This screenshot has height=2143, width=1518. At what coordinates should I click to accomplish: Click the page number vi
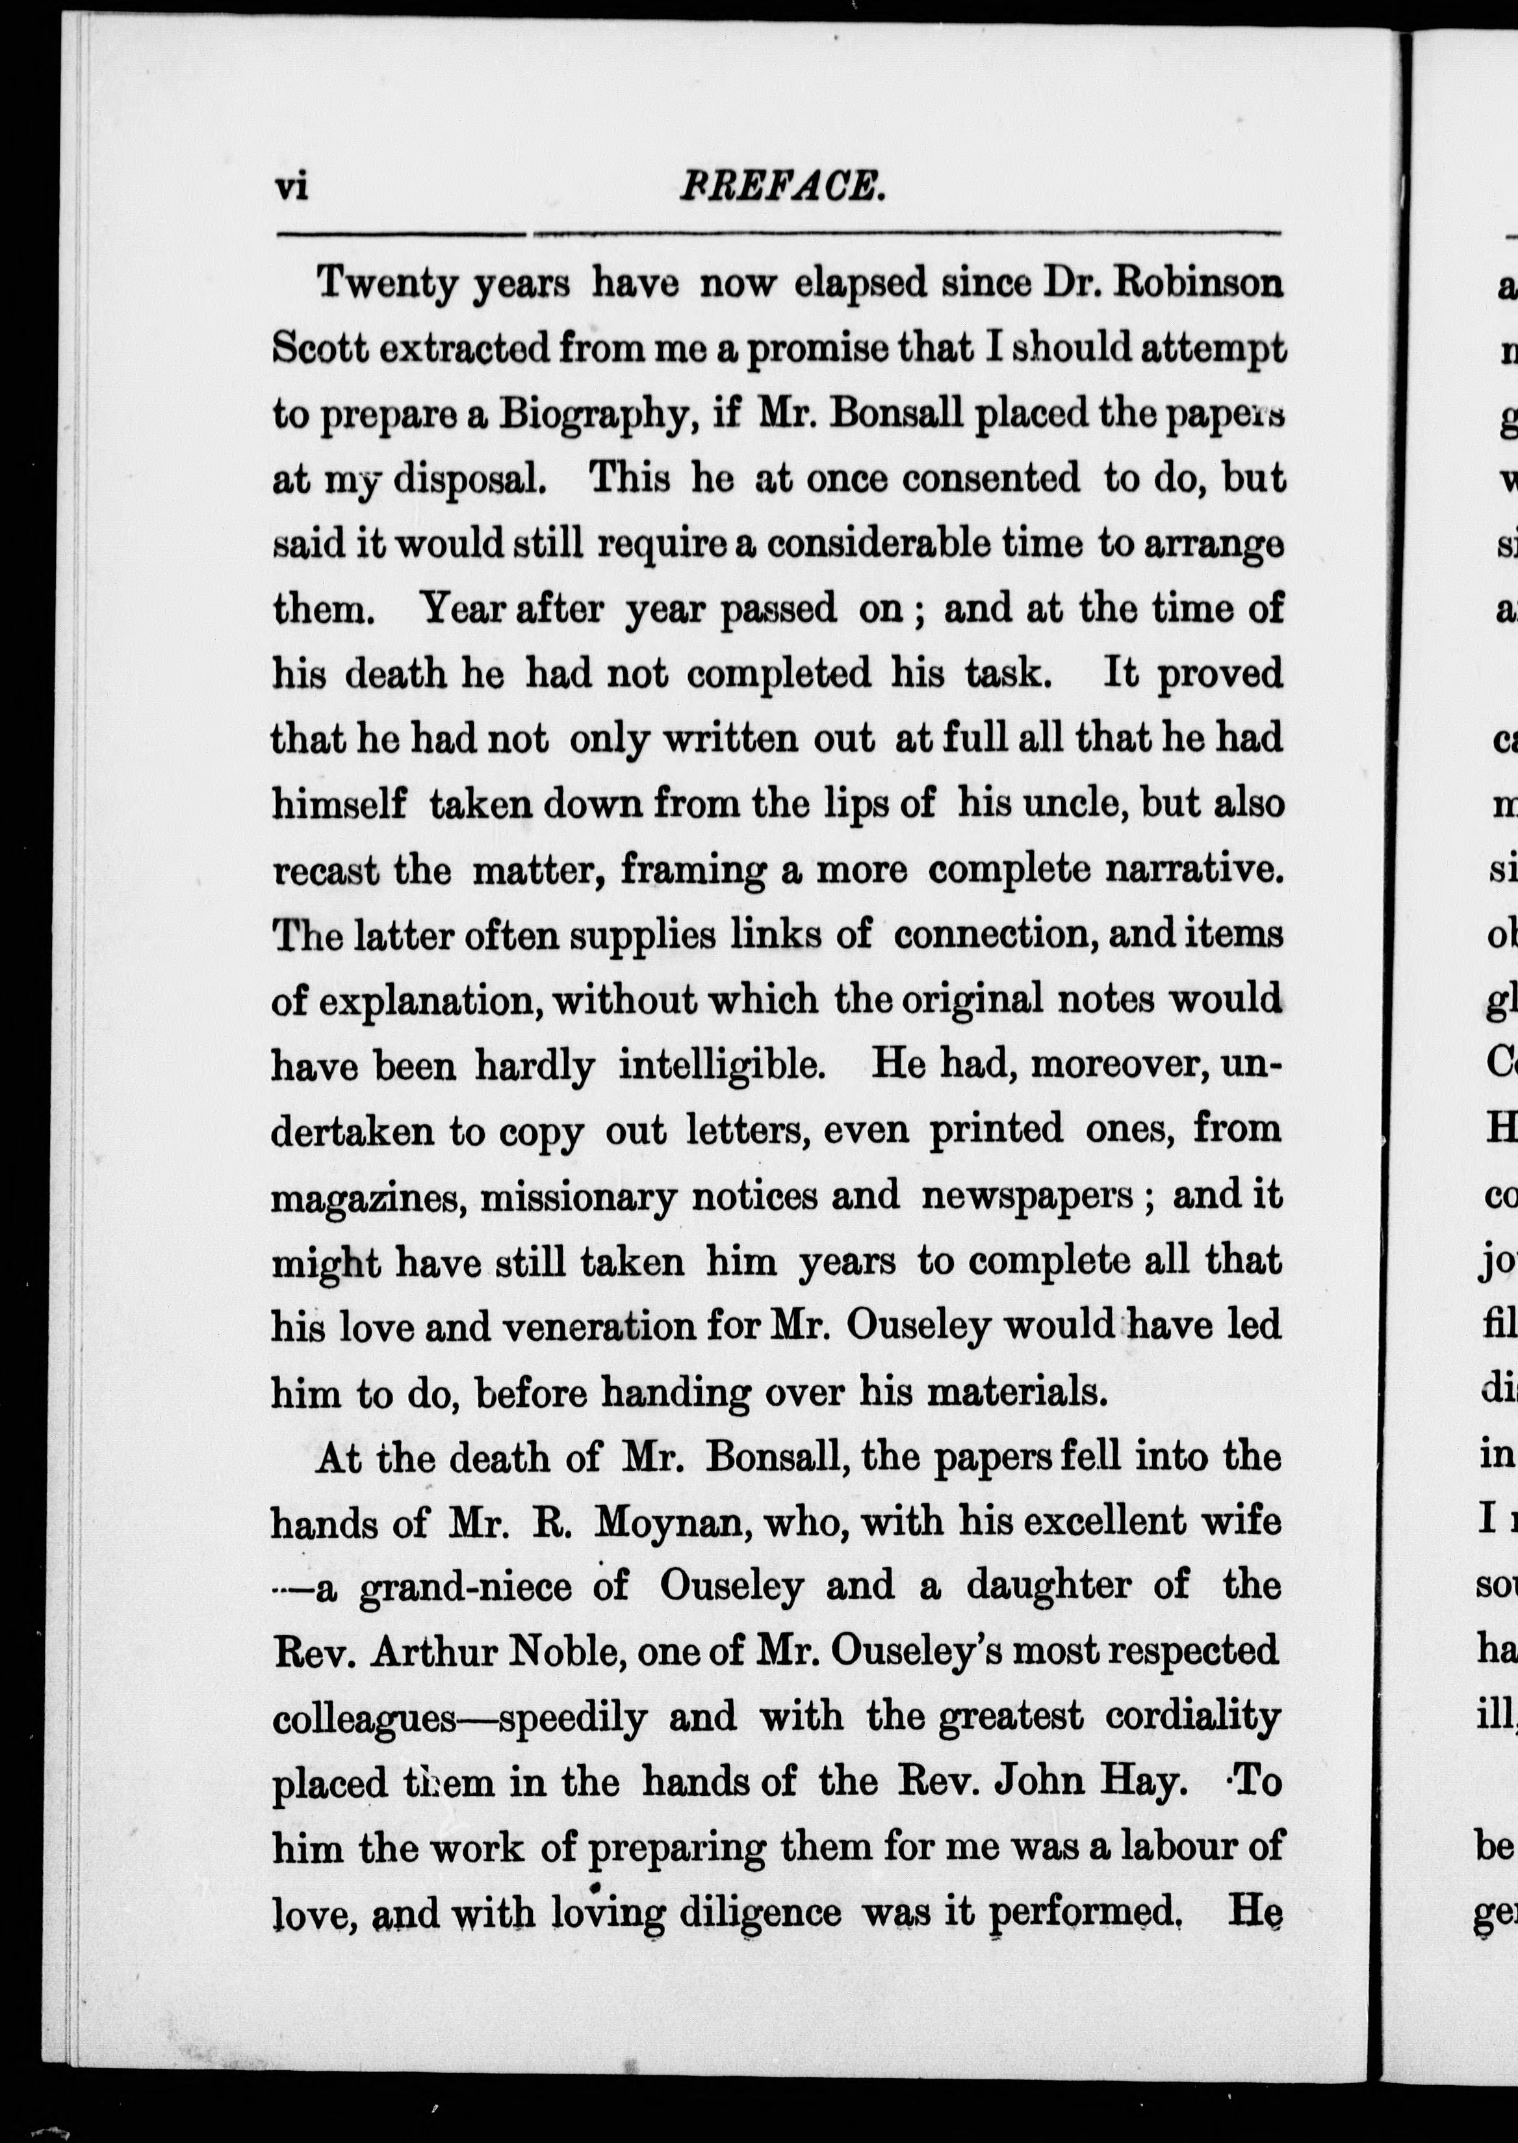292,188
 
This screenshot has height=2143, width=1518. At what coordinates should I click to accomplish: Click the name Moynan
668,1523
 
